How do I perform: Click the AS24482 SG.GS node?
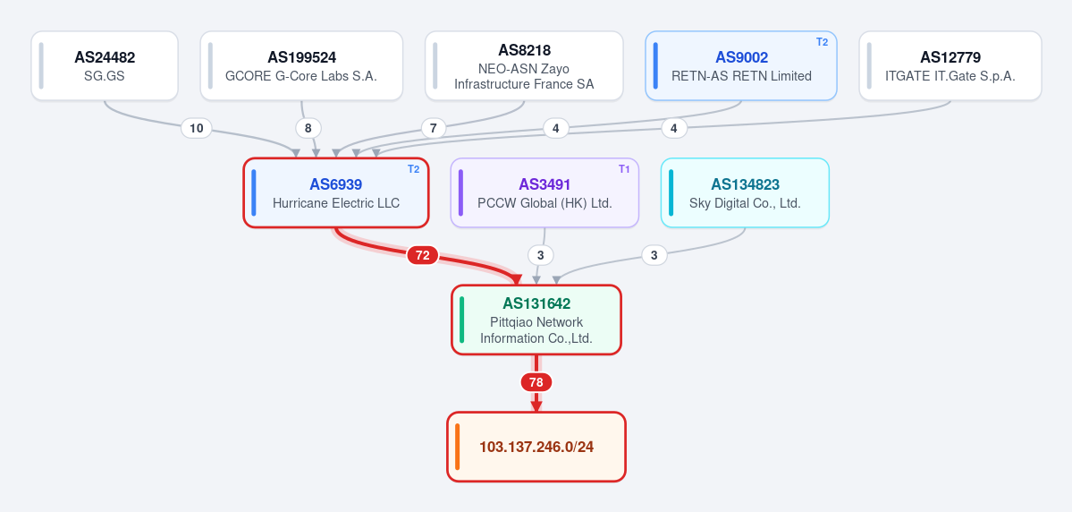tap(105, 65)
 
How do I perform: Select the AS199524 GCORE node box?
tap(301, 65)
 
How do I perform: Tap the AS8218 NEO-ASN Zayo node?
tap(524, 65)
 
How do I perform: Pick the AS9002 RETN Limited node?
tap(741, 65)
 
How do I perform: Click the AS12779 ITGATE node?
tap(950, 65)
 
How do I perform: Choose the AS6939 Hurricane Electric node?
tap(335, 192)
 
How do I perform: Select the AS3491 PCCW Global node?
tap(544, 192)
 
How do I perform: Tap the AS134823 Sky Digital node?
tap(745, 192)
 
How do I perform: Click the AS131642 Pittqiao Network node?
tap(536, 320)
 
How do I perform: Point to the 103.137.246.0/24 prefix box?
tap(536, 447)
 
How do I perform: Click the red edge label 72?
tap(423, 255)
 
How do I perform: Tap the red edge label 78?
tap(536, 382)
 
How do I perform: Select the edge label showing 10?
tap(196, 128)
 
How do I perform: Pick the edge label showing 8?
tap(308, 128)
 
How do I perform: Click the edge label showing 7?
tap(434, 128)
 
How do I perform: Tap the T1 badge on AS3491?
tap(624, 169)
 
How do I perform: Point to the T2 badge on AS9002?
tap(822, 42)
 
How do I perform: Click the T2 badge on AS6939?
tap(414, 169)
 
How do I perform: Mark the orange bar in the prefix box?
tap(458, 447)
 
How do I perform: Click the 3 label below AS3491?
tap(541, 255)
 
